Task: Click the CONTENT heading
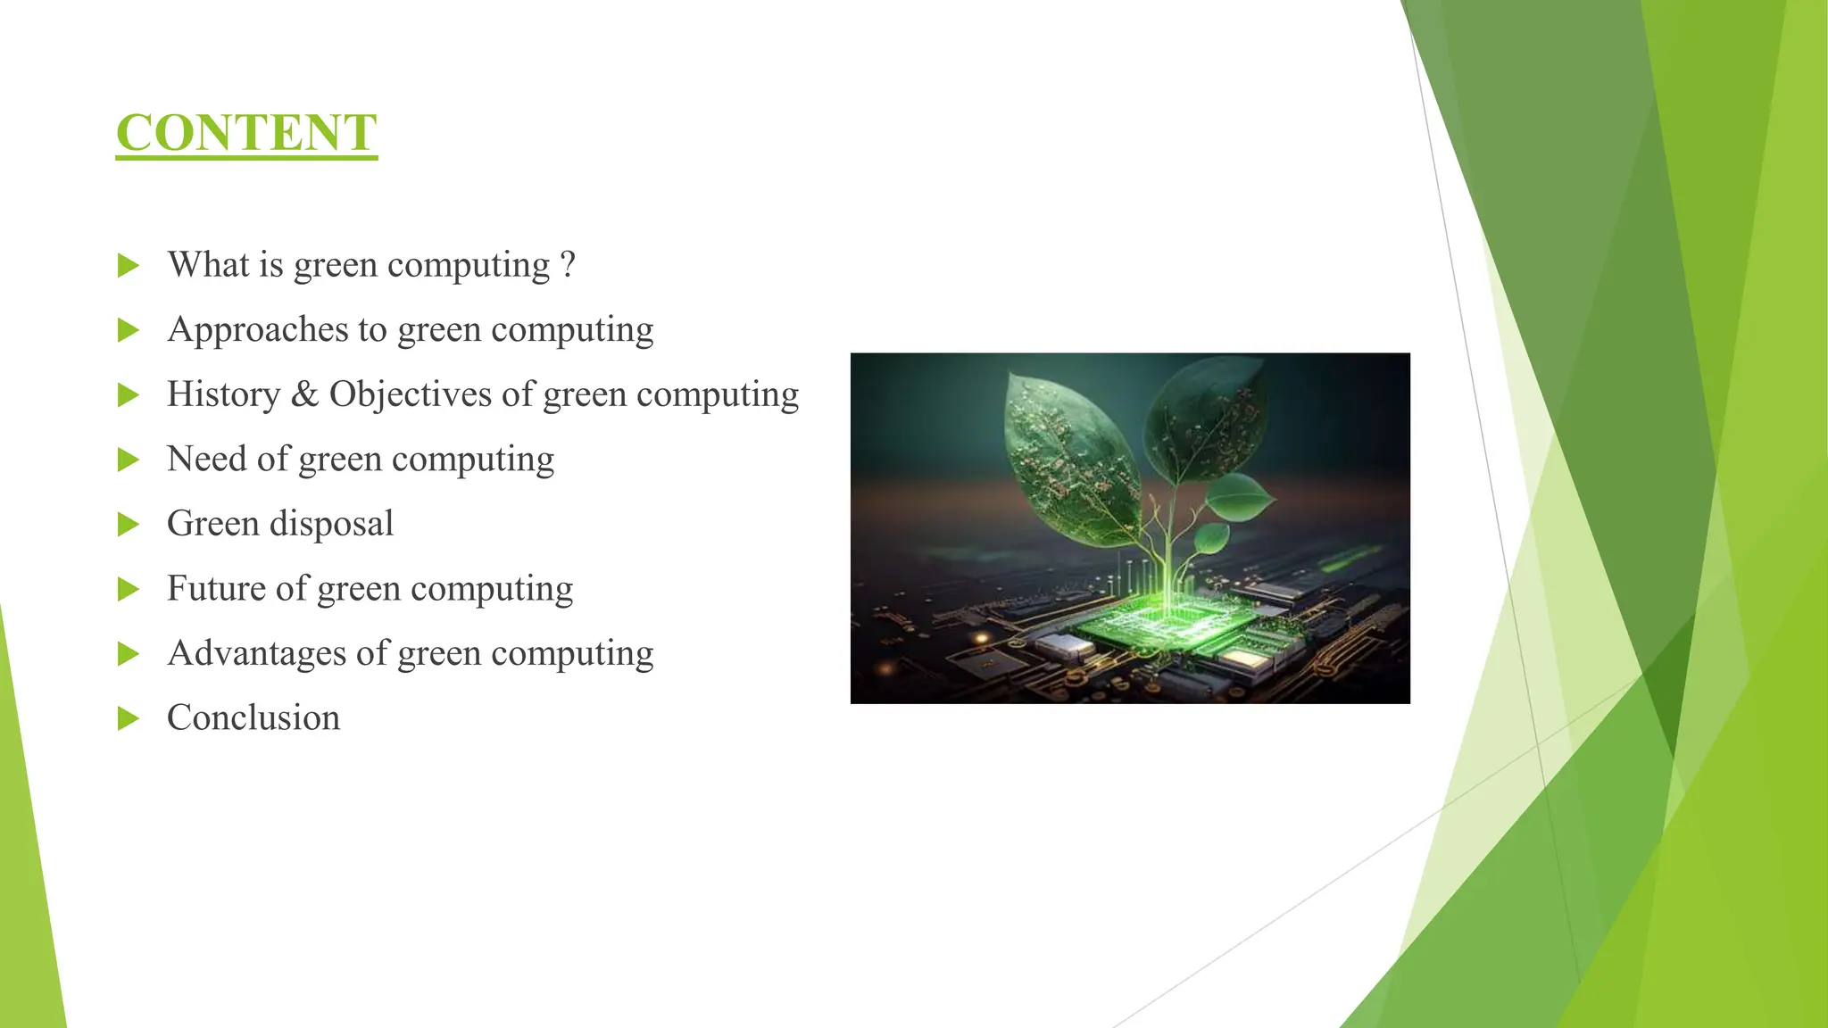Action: coord(246,133)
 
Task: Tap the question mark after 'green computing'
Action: coord(568,265)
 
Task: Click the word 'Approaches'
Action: coord(258,330)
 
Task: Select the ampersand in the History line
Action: coord(304,394)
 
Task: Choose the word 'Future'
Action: coord(215,589)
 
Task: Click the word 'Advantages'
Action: coord(256,654)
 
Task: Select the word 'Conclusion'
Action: coord(253,718)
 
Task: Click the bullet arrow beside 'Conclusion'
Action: coord(129,718)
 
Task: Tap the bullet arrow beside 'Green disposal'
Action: coord(129,525)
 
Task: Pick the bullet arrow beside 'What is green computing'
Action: coord(129,266)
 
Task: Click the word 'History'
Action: coord(223,394)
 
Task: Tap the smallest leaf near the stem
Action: coord(1211,538)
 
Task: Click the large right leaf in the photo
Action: coord(1205,419)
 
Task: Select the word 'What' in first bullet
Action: coord(208,265)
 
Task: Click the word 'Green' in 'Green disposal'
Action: coord(212,524)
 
